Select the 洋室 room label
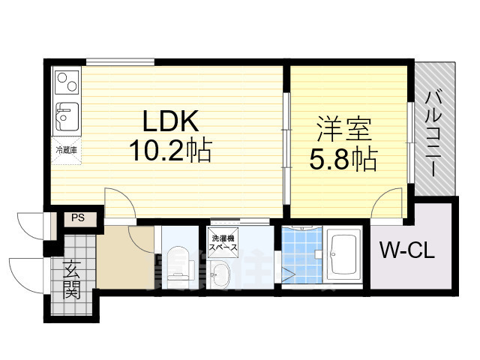(344, 130)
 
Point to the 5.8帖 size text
(344, 158)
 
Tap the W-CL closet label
(406, 250)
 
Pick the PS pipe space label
(77, 217)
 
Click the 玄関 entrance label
(73, 280)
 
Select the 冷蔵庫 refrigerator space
(65, 150)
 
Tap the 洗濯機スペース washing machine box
(223, 241)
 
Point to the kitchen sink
(66, 116)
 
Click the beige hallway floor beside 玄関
(120, 259)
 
